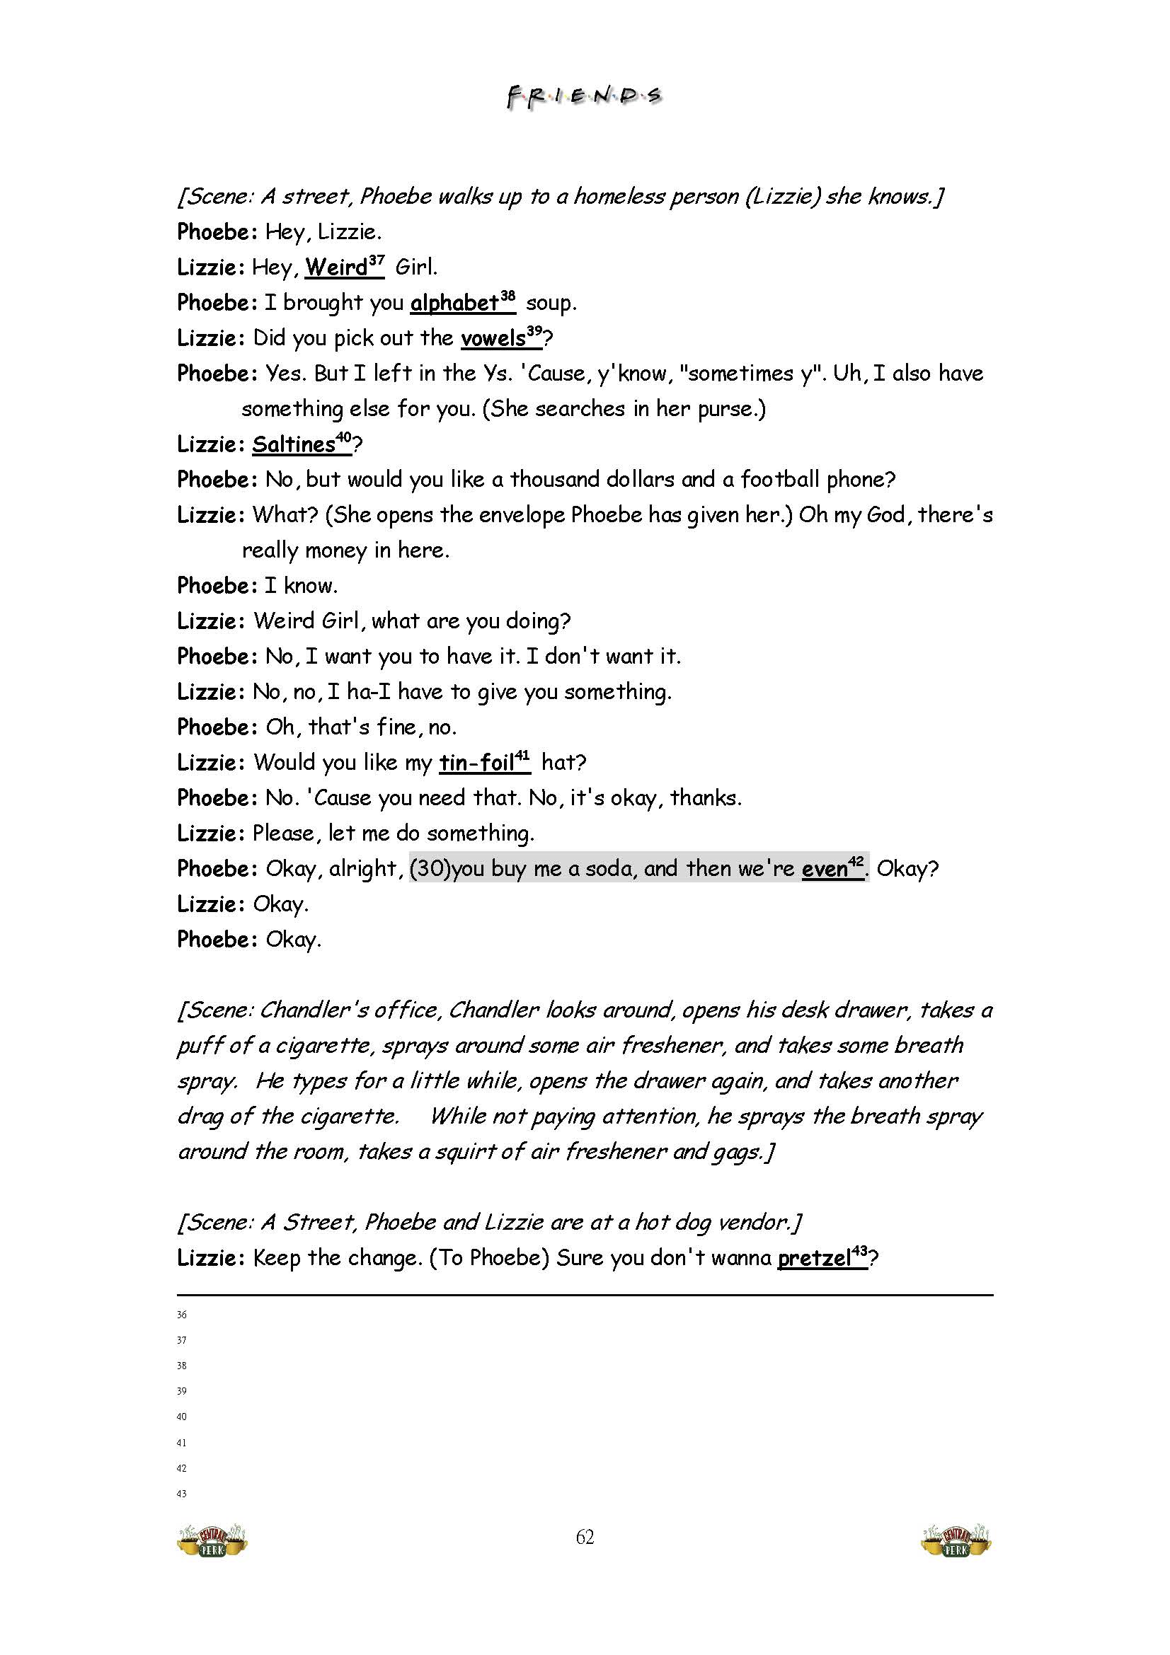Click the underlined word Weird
(336, 267)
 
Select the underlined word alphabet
(454, 303)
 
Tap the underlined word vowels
(493, 338)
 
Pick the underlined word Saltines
(294, 444)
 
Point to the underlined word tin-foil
(476, 763)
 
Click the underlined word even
(824, 869)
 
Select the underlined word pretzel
(814, 1259)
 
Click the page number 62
(585, 1538)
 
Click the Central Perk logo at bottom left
(212, 1540)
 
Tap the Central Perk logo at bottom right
(957, 1540)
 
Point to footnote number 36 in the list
(182, 1315)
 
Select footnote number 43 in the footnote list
(182, 1494)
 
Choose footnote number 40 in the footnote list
(182, 1417)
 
